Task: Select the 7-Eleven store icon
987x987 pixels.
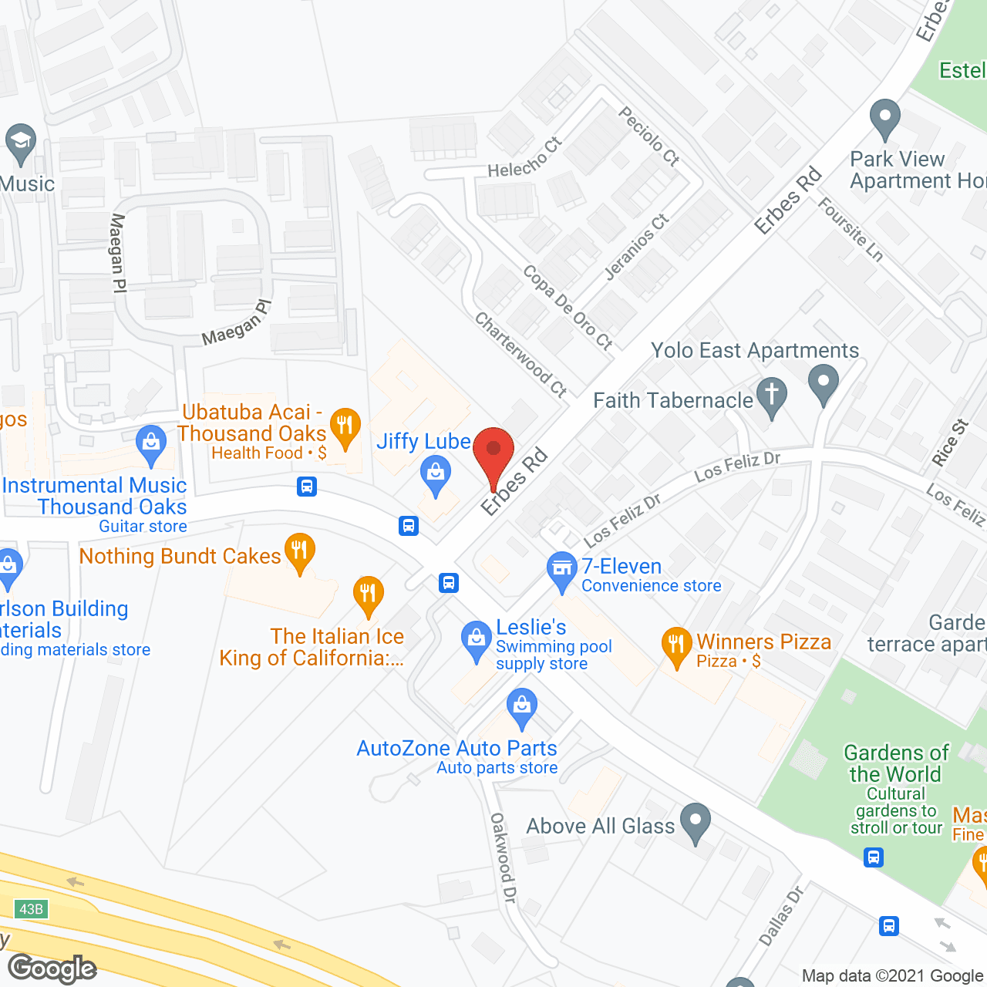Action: tap(562, 570)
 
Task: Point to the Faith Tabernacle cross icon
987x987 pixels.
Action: tap(771, 396)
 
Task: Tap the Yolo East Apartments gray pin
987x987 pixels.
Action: tap(824, 382)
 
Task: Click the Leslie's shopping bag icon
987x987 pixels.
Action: tap(476, 640)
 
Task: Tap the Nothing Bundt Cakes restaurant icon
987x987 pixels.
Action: tap(300, 551)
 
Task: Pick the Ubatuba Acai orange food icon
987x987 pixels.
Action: tap(345, 426)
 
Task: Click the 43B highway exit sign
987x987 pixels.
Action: tap(31, 908)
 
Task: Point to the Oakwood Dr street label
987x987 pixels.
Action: tap(504, 857)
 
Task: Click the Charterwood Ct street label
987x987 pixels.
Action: tap(520, 354)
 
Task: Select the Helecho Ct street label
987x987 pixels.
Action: tap(524, 158)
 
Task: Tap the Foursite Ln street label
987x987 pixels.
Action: tap(851, 229)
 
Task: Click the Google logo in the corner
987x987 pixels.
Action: tap(52, 968)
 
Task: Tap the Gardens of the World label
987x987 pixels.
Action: tap(896, 763)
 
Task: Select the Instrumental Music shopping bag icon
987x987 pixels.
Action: tap(150, 444)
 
